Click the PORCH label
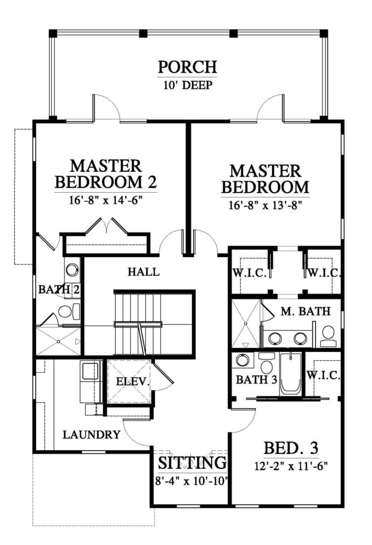coord(188,67)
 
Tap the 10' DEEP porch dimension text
coord(188,85)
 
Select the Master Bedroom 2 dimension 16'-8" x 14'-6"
coord(106,201)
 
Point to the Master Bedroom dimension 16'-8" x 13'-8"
coord(265,205)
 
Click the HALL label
coord(143,272)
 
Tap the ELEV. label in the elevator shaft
coord(133,382)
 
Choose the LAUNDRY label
coord(92,434)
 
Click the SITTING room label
coord(192,463)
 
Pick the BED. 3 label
coord(291,448)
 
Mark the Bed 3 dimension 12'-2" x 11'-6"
coord(292,466)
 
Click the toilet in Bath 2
coord(69,311)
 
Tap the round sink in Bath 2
coord(72,270)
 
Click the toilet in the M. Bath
coord(328,336)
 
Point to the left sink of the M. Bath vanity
coord(276,338)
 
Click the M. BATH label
coord(305,311)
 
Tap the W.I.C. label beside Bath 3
coord(324,375)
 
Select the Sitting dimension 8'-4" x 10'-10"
coord(192,481)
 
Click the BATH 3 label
coord(256,379)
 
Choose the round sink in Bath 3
coord(242,360)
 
